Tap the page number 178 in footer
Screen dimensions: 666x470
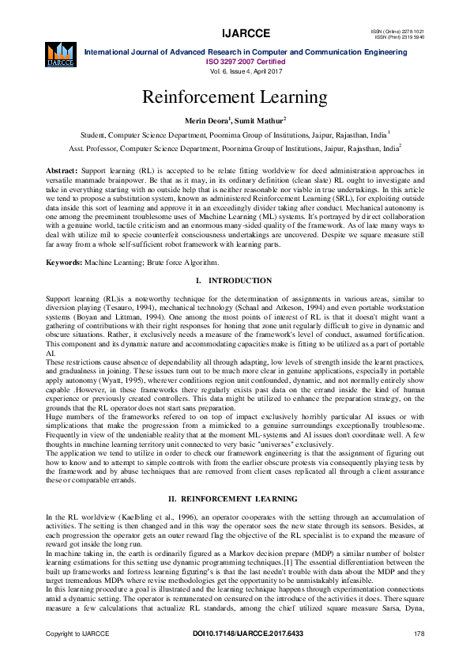pos(419,634)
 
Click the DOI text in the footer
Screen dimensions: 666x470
pos(247,634)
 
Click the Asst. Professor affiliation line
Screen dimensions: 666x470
pos(235,147)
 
